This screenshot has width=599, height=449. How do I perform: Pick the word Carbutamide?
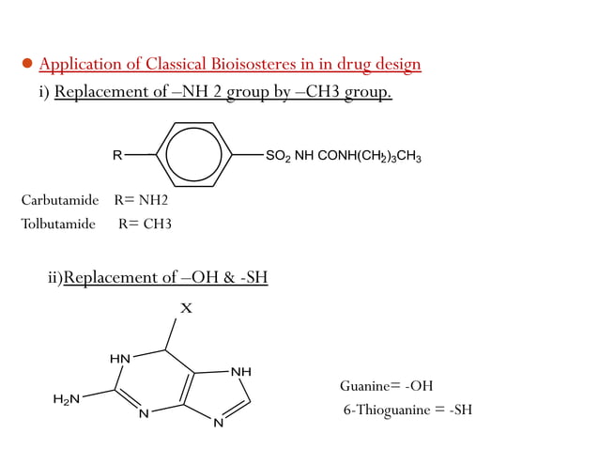pyautogui.click(x=60, y=199)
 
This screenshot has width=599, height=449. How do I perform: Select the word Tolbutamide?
pyautogui.click(x=58, y=224)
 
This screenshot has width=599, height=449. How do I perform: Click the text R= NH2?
pyautogui.click(x=141, y=199)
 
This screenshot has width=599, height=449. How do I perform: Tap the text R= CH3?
pyautogui.click(x=145, y=224)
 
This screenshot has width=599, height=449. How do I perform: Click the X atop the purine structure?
pyautogui.click(x=186, y=308)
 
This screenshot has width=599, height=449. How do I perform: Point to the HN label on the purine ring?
pyautogui.click(x=119, y=359)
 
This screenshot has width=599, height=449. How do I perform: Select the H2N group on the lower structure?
pyautogui.click(x=66, y=399)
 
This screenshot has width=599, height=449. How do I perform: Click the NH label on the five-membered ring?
pyautogui.click(x=241, y=372)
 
